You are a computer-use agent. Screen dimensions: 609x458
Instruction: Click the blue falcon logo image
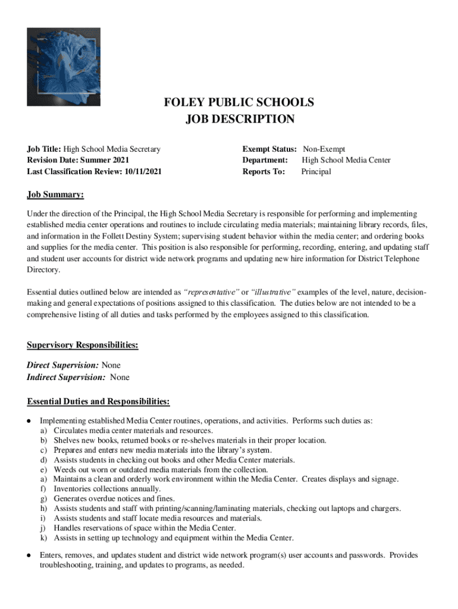coord(63,67)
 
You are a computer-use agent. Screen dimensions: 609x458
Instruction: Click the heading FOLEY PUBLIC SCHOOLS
coord(239,102)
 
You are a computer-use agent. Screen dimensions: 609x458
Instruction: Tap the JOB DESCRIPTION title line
coord(240,119)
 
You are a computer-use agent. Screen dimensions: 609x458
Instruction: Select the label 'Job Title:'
coord(44,149)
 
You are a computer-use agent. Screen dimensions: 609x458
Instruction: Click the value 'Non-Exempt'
coord(324,149)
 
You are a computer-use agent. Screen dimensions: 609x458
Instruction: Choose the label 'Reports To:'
coord(263,172)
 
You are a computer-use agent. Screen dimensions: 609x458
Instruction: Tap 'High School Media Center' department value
coord(346,161)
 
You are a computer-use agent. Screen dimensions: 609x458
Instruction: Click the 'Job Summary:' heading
coord(55,195)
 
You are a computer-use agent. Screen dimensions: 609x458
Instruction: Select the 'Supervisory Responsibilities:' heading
coord(83,345)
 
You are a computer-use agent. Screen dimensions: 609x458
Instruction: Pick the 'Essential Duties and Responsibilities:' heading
coord(98,402)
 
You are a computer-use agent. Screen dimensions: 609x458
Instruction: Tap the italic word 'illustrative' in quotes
coord(272,293)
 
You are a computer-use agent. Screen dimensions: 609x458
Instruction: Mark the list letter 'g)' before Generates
coord(44,498)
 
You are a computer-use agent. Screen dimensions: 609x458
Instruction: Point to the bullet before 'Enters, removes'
coord(29,555)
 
